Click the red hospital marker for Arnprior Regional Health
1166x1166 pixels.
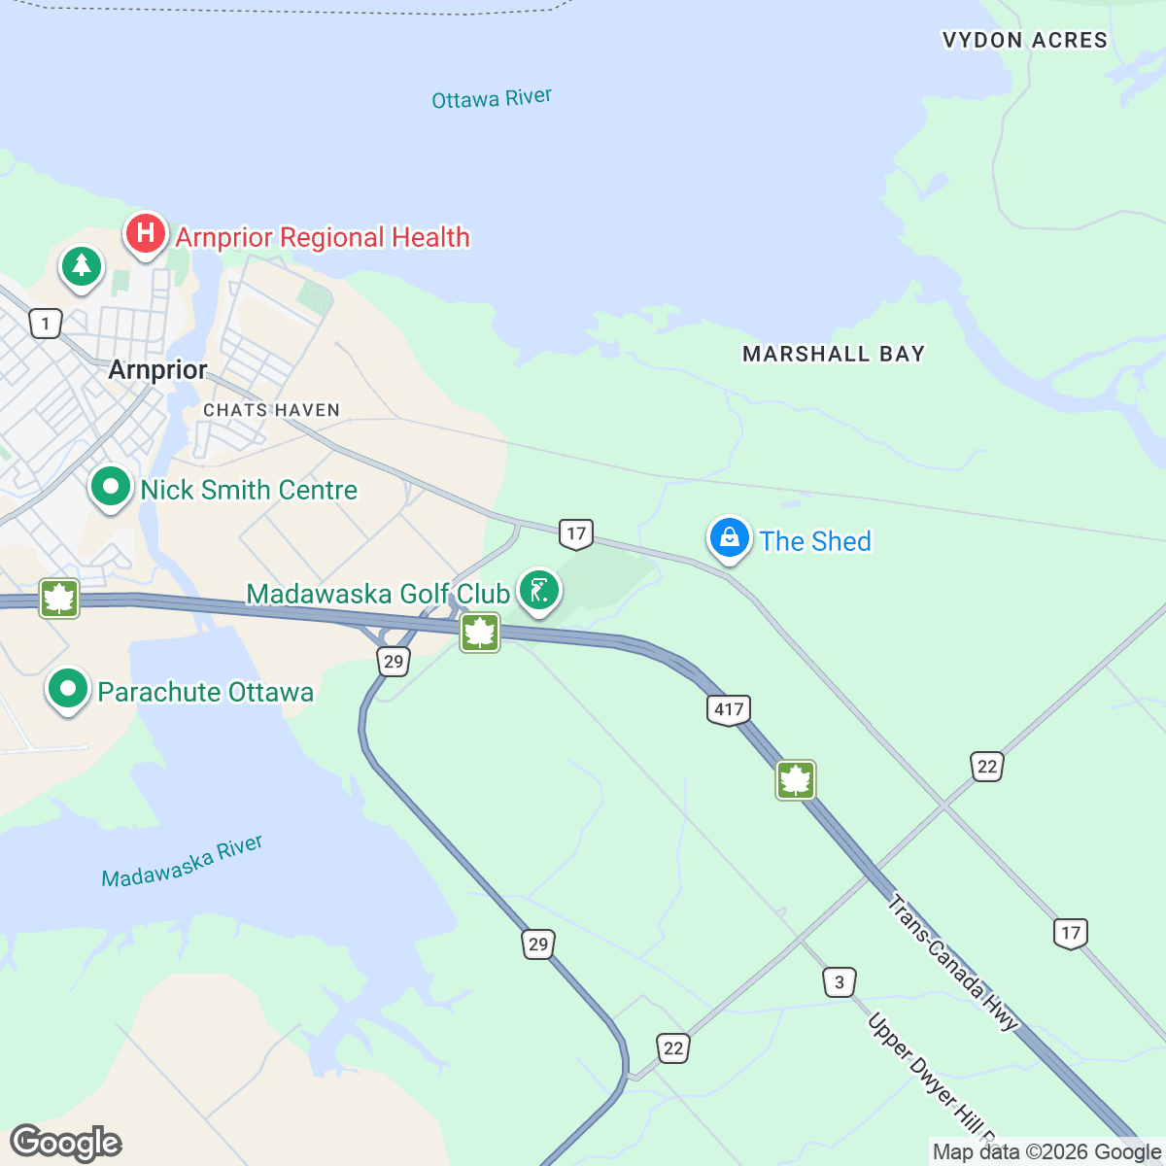point(145,234)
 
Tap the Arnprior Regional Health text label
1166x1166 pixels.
point(323,237)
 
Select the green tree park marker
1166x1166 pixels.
point(82,265)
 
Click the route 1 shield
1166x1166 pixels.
point(46,323)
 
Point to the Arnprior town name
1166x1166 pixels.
point(157,370)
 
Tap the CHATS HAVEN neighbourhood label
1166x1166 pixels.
point(271,410)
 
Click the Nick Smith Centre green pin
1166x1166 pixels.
point(111,486)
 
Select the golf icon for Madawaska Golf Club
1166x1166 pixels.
point(539,590)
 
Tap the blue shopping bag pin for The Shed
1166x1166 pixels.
point(729,537)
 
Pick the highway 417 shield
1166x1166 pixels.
point(729,709)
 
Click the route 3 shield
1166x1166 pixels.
point(840,982)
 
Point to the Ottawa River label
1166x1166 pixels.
point(492,99)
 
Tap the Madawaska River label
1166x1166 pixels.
point(183,862)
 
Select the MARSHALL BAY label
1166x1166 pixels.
point(833,354)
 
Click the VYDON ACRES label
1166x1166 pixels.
point(1024,40)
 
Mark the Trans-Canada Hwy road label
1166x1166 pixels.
point(952,962)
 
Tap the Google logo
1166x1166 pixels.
point(65,1143)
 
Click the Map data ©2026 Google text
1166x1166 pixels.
point(1046,1152)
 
